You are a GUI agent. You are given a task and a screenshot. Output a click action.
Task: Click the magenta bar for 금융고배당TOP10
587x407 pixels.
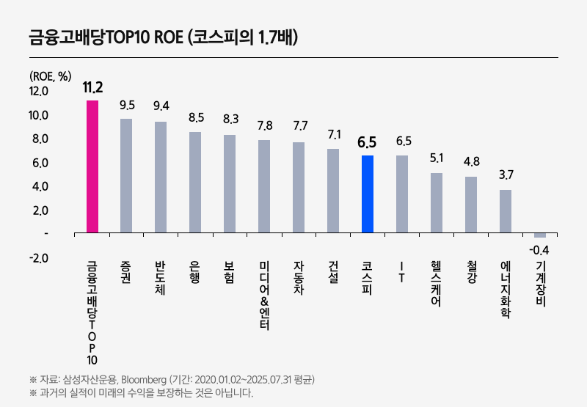click(92, 166)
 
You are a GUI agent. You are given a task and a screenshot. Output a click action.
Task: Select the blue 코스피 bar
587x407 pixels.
click(368, 194)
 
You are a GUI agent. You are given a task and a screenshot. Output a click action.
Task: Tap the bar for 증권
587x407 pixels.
click(126, 176)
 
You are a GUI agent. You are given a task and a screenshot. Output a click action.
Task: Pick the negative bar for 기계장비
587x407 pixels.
click(540, 235)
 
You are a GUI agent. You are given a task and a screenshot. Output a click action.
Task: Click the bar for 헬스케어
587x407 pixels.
click(437, 203)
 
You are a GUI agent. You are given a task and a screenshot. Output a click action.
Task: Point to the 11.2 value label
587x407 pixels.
click(92, 88)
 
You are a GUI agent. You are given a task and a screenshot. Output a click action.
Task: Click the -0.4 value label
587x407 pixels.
click(539, 250)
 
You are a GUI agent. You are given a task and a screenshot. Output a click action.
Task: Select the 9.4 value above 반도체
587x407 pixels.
click(161, 106)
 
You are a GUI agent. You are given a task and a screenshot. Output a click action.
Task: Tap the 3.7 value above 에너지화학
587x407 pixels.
click(506, 175)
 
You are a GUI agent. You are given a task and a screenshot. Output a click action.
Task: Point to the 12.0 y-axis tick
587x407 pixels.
click(38, 92)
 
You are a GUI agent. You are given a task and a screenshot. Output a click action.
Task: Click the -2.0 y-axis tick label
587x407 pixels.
click(38, 258)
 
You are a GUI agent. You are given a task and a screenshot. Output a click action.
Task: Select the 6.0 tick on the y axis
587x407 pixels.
click(38, 163)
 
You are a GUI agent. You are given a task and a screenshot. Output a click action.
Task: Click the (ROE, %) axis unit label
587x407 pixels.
click(50, 76)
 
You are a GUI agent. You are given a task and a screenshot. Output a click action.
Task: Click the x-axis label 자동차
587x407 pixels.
click(299, 279)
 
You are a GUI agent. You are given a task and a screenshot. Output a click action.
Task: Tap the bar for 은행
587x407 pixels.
click(195, 183)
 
